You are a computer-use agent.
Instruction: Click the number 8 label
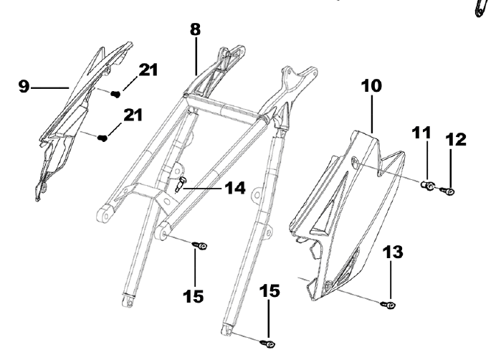pos(195,31)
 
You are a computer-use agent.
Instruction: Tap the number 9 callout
pos(24,87)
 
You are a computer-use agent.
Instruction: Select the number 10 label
pos(371,86)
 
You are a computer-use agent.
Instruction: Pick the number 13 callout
pos(392,252)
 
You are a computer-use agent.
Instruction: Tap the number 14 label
pos(234,189)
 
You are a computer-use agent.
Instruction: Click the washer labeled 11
pos(426,186)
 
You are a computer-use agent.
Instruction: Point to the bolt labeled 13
pos(388,305)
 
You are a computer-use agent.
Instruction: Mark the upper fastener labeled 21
pos(115,93)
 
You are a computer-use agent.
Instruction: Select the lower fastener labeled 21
pos(103,137)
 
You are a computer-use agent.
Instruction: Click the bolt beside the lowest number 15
pos(269,344)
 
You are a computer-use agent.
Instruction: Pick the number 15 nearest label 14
pos(194,295)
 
